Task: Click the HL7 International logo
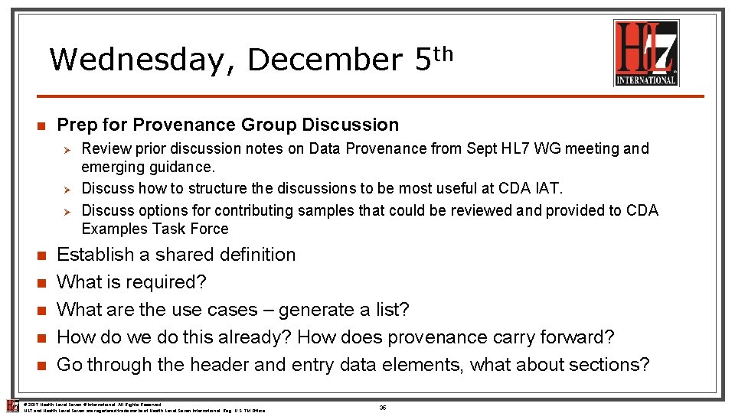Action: [646, 53]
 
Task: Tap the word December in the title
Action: [324, 59]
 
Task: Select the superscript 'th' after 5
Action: [443, 53]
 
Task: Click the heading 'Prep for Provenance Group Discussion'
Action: [228, 125]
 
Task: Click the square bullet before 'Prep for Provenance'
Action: [42, 126]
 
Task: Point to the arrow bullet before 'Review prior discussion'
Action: [67, 149]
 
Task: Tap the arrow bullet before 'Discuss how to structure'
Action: [67, 189]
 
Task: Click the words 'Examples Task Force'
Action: [155, 229]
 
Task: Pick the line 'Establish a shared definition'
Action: [176, 255]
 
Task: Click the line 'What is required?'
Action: [132, 282]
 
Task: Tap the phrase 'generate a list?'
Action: [344, 310]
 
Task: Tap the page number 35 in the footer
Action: [382, 408]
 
